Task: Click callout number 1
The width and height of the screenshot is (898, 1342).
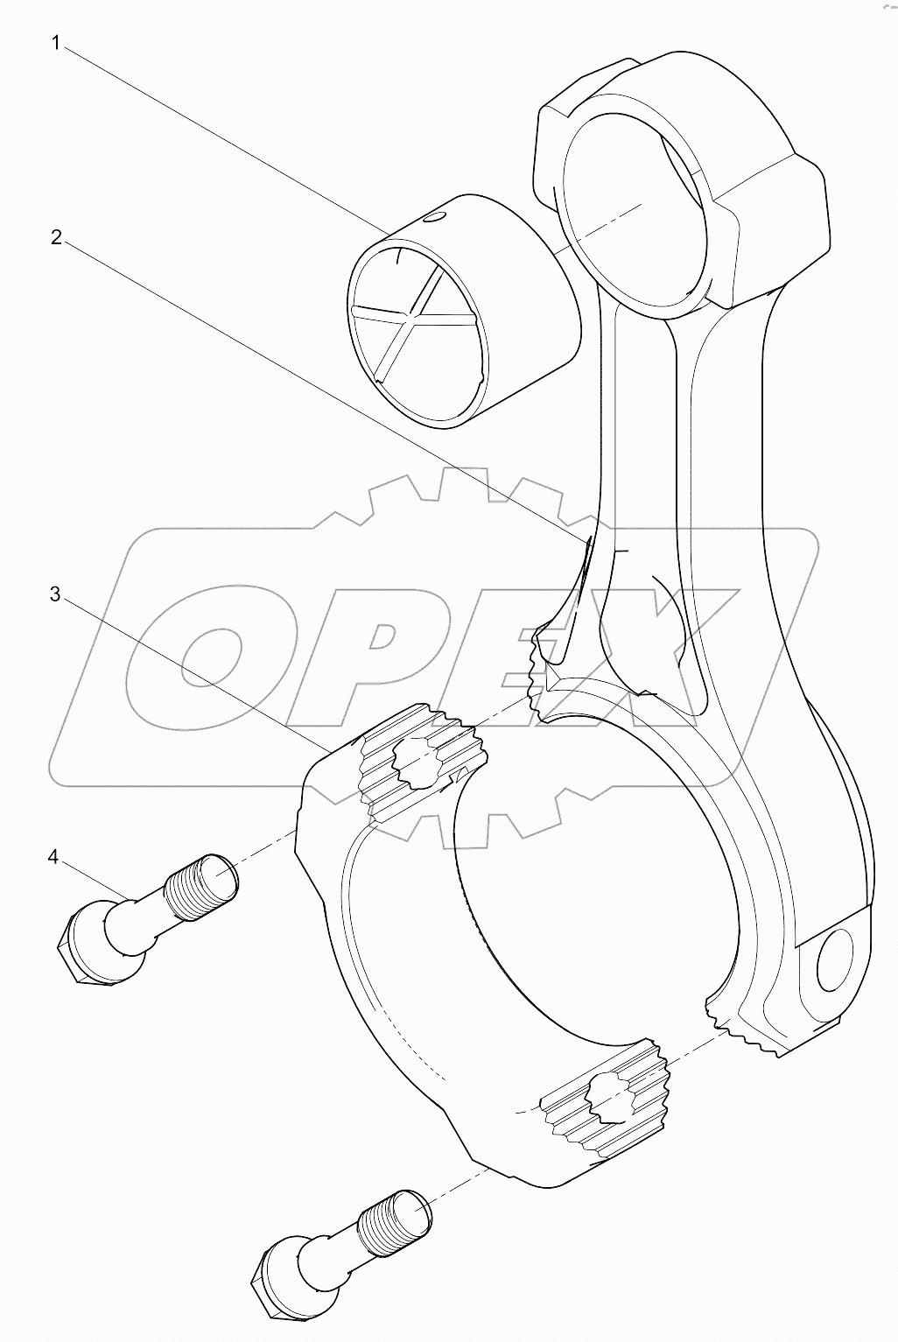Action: [56, 43]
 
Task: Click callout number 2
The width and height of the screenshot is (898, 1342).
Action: [56, 236]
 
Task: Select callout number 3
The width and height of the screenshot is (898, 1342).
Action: [55, 594]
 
